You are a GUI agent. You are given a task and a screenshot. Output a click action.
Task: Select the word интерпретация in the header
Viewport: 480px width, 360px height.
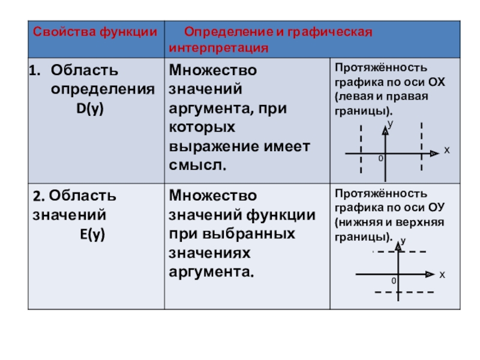pos(218,47)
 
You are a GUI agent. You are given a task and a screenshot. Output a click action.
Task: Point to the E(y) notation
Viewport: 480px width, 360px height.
pos(92,235)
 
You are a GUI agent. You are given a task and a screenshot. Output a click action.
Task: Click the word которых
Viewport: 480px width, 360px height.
pos(202,127)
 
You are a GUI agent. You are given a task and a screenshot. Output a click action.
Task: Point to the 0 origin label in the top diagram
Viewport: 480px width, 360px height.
pos(380,159)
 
